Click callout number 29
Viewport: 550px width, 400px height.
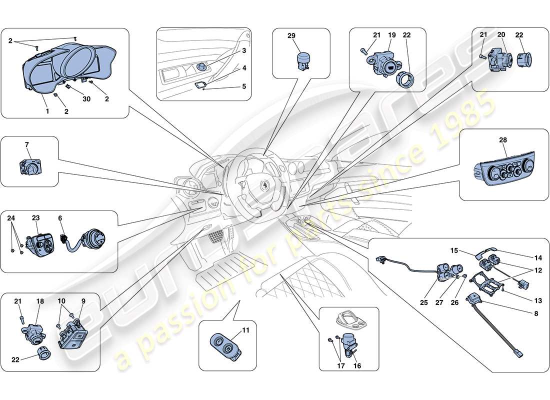(x=291, y=35)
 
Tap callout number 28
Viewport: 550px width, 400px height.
(x=503, y=141)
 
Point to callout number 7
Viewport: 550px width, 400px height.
(x=27, y=144)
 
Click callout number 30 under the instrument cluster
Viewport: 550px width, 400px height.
(x=86, y=99)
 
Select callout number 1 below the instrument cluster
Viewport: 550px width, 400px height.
(x=47, y=111)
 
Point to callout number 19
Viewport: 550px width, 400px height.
(x=392, y=35)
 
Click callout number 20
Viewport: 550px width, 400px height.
(x=501, y=34)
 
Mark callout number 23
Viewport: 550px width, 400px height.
(x=36, y=218)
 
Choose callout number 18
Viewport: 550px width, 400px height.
(x=40, y=301)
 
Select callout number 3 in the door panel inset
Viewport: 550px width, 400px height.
(x=244, y=51)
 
